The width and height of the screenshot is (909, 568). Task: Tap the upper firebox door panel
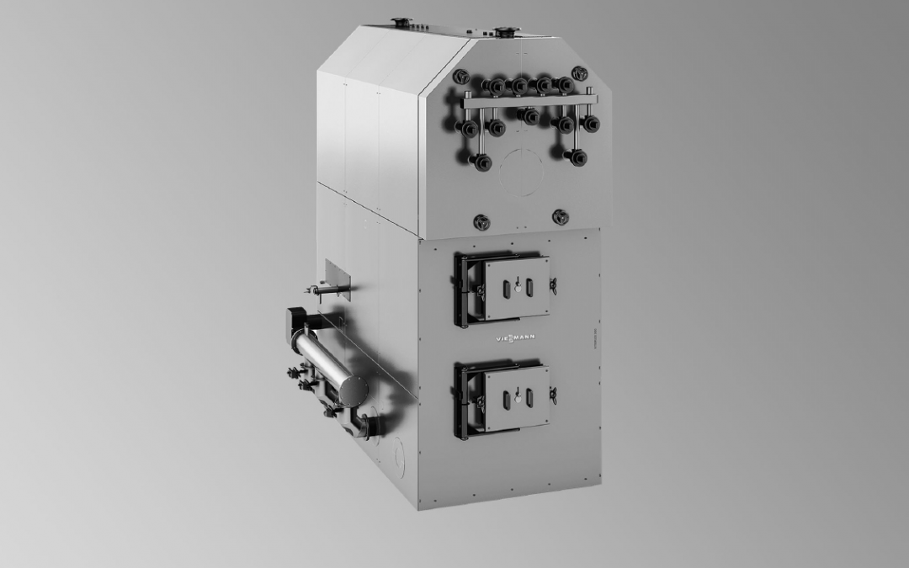point(516,288)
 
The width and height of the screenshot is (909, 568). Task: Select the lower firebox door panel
point(516,397)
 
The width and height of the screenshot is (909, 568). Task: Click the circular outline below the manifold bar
point(523,173)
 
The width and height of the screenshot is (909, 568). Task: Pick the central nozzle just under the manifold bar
point(529,115)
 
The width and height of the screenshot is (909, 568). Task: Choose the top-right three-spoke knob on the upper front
point(579,73)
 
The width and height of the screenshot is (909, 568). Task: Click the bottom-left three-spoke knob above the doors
point(481,220)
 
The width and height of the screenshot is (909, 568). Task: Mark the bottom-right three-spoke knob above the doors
point(561,217)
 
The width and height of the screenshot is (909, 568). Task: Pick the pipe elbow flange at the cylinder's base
point(362,427)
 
